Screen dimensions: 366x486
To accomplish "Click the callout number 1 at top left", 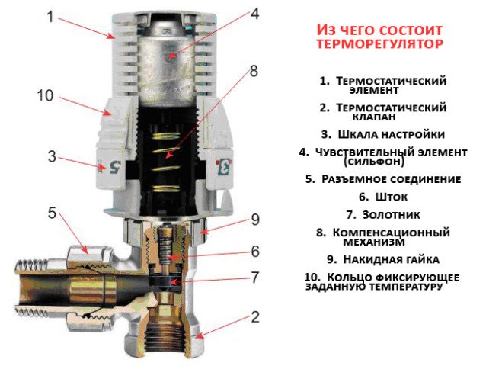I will (x=50, y=14).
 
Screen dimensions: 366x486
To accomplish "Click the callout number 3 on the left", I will (x=52, y=157).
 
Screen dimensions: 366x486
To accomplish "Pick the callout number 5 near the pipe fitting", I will (x=53, y=213).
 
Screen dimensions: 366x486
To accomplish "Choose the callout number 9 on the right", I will (x=255, y=220).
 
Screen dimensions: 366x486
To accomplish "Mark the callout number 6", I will (x=255, y=251).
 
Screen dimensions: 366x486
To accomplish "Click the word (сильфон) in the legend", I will (x=373, y=162).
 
